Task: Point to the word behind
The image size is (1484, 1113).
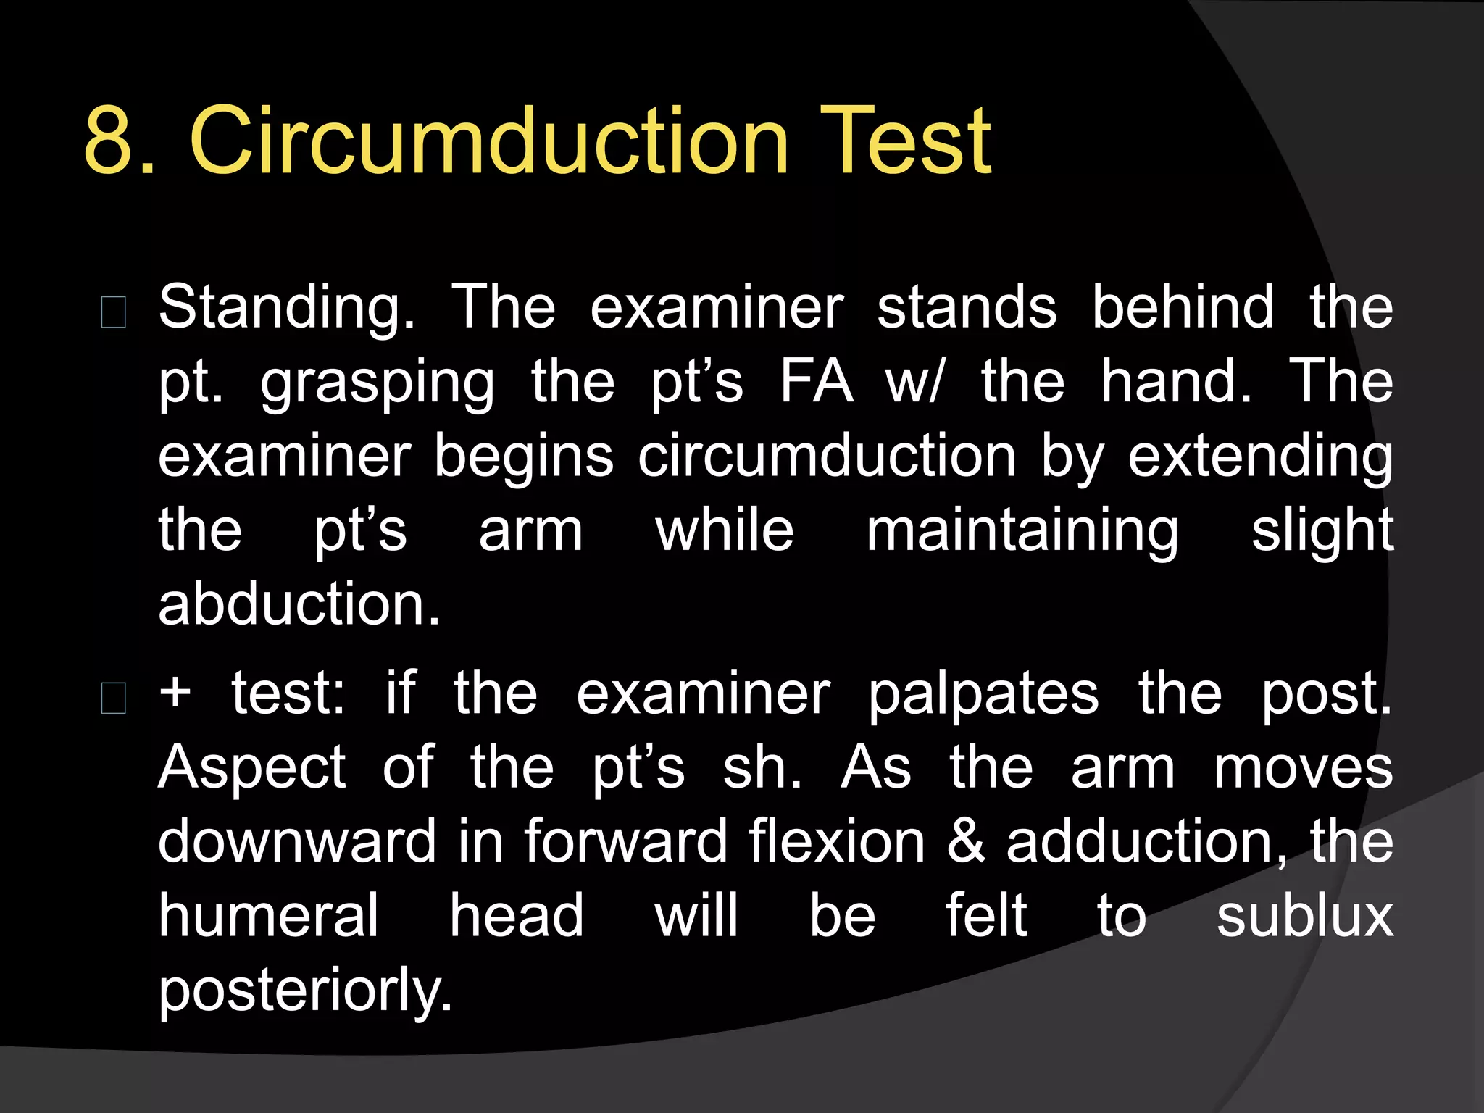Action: (1183, 307)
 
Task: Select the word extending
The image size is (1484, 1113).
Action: (1260, 459)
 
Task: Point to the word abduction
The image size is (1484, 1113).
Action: (299, 604)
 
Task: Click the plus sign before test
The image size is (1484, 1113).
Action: (176, 693)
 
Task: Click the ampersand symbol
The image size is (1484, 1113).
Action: (966, 842)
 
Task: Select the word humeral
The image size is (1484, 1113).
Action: (269, 916)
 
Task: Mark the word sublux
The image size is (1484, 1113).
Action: (1304, 916)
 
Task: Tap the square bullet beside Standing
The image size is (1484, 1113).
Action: (114, 312)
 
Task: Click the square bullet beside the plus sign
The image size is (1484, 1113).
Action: (114, 698)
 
